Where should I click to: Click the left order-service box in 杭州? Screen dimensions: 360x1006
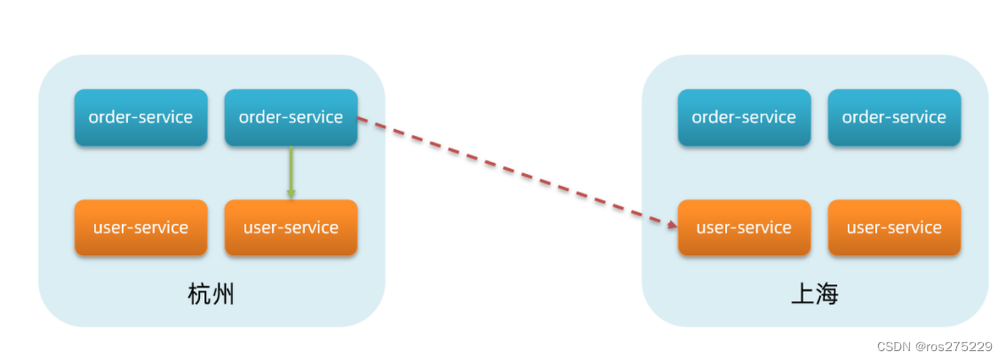(140, 117)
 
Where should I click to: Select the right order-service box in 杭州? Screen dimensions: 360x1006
(291, 117)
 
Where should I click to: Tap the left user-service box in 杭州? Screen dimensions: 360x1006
(140, 228)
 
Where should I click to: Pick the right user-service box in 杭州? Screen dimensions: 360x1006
(291, 228)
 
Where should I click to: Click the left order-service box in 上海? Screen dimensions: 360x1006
(744, 117)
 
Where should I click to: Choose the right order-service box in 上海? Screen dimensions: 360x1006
(894, 117)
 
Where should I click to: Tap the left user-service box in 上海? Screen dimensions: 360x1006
(744, 228)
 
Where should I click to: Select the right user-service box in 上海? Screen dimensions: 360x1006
(894, 228)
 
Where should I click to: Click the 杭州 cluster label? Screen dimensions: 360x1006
(212, 294)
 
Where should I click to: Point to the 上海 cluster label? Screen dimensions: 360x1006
(815, 294)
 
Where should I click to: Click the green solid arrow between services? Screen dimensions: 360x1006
(291, 169)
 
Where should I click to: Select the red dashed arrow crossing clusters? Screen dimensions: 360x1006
(515, 171)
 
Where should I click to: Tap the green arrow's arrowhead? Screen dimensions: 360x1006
(291, 193)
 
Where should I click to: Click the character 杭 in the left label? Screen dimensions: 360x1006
(200, 294)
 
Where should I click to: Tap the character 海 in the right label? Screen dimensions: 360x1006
(826, 294)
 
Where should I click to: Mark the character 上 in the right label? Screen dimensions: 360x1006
(802, 294)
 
